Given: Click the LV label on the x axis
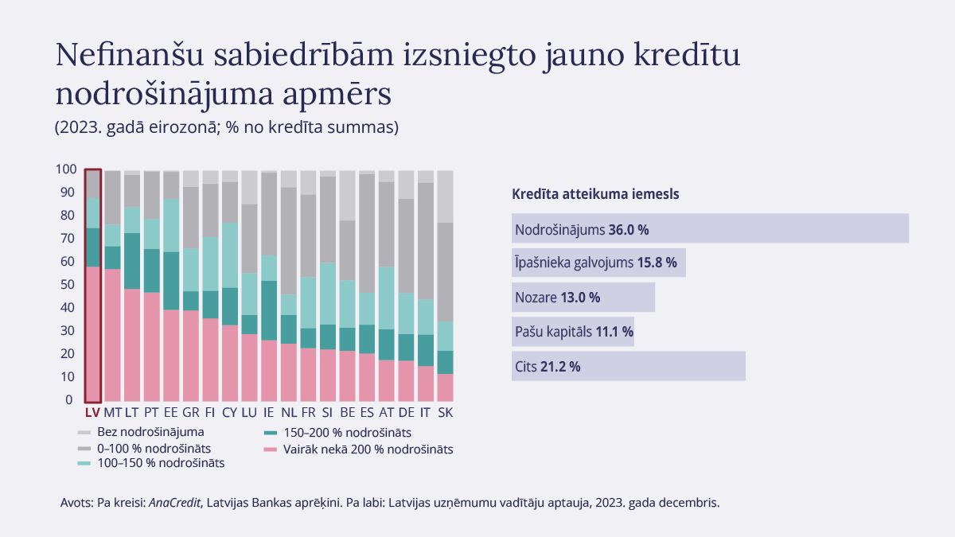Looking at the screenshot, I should click(92, 413).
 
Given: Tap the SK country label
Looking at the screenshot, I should click(446, 413).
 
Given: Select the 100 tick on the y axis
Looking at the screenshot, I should click(66, 169).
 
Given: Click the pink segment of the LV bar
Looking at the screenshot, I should click(93, 334).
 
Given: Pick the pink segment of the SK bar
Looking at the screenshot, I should click(446, 387).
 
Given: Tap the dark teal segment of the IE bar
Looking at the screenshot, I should click(269, 310).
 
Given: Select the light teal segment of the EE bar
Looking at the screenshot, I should click(171, 225).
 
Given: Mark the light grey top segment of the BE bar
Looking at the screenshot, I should click(347, 195).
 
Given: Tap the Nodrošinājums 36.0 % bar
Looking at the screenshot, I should click(711, 228).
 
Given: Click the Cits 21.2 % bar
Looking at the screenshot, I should click(629, 366).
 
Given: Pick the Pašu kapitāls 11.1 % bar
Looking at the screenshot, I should click(573, 332).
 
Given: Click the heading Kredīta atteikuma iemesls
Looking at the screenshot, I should click(594, 193).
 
